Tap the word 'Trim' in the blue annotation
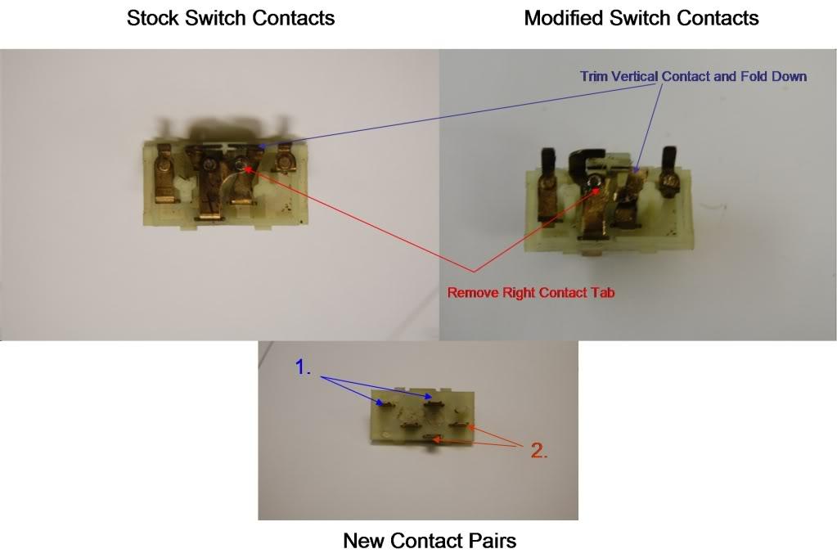pos(593,77)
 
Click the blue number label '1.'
pos(304,368)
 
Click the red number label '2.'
pos(538,449)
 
